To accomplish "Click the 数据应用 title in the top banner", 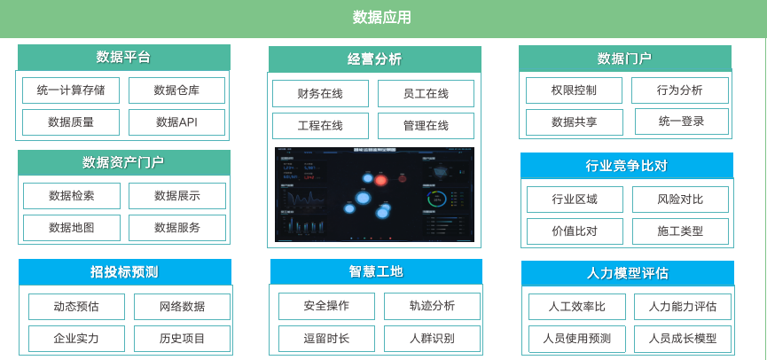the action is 382,18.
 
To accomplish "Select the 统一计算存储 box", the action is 71,90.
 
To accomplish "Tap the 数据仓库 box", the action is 176,90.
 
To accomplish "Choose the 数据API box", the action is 176,122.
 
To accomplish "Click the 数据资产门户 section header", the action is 123,162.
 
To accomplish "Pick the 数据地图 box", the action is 72,228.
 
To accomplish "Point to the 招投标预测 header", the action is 124,271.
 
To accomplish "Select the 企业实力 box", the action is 76,339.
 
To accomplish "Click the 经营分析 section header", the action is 374,59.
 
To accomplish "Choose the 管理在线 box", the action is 426,126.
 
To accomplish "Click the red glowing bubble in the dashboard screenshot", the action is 380,181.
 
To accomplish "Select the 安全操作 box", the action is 326,306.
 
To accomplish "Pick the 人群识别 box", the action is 432,339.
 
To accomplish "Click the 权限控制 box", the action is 574,90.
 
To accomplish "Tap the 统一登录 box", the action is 681,121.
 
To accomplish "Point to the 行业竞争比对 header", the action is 626,166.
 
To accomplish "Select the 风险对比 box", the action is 680,200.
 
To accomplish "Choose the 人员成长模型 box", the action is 682,339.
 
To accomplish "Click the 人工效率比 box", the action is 576,307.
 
